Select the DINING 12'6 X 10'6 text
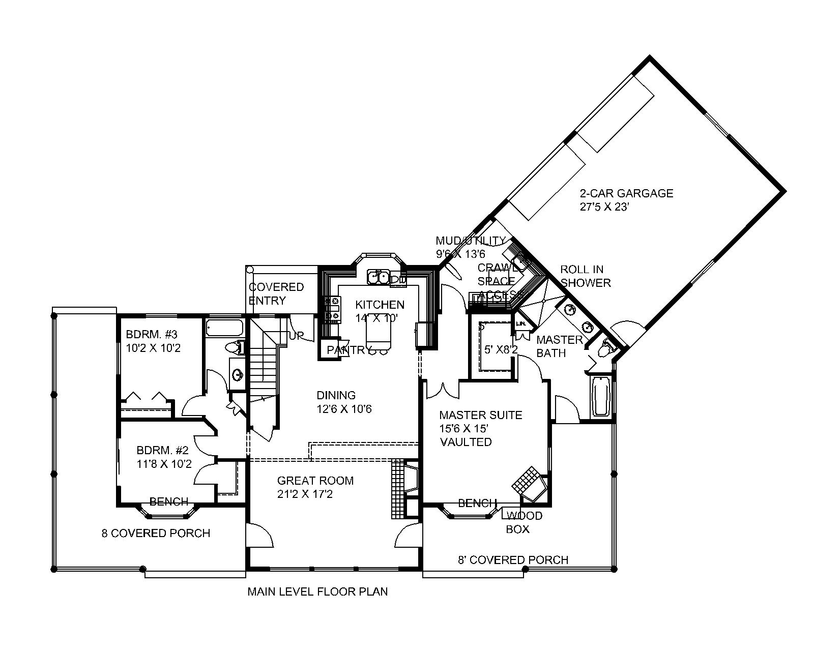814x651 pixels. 344,402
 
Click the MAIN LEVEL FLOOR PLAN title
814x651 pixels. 317,591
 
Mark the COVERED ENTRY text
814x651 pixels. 276,293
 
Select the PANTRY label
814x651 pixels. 348,350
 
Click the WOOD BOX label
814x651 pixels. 524,522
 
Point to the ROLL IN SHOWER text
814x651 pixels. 585,276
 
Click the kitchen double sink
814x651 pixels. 379,278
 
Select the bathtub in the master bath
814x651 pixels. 602,396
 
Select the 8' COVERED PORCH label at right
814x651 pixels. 513,560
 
